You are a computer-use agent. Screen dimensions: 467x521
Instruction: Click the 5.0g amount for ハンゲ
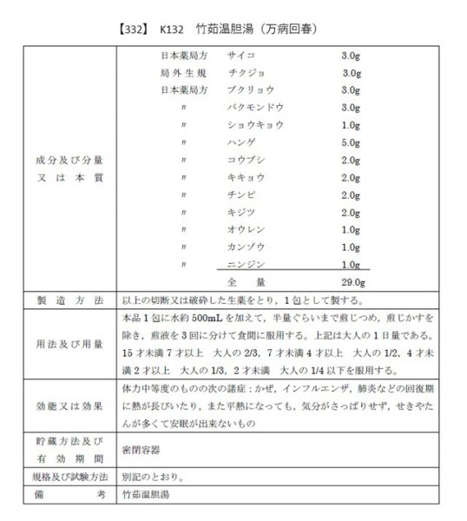point(351,142)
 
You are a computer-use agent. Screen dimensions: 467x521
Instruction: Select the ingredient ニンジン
point(244,264)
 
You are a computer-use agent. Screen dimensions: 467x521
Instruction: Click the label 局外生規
point(184,72)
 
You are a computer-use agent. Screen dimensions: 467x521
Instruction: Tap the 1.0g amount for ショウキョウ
point(351,125)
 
